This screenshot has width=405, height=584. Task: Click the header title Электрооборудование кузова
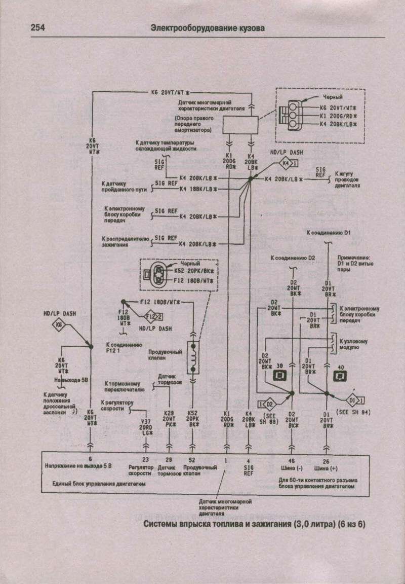[x=207, y=28]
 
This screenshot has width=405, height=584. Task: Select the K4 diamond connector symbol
[x=286, y=164]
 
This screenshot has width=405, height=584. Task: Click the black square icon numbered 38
[x=279, y=375]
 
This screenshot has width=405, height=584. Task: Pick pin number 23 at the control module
[x=146, y=459]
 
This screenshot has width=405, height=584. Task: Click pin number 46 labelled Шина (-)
[x=292, y=459]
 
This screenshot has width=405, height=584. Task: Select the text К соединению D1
[x=329, y=232]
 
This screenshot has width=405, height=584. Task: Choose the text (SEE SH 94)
[x=354, y=413]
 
